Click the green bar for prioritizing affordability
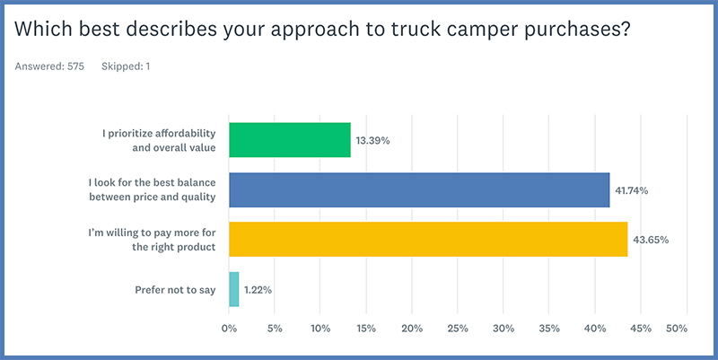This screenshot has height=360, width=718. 290,140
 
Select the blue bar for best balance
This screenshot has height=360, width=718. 419,190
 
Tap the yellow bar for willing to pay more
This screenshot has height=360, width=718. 428,240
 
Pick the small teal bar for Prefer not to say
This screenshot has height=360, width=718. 234,289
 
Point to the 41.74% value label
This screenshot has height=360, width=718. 633,191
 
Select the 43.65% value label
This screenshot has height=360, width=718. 651,241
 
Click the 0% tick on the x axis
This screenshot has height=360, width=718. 230,329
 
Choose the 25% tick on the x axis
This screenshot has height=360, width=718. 458,329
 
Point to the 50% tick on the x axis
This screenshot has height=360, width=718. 676,329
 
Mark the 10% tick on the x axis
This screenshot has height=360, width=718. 320,329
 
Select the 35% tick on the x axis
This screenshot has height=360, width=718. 549,329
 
